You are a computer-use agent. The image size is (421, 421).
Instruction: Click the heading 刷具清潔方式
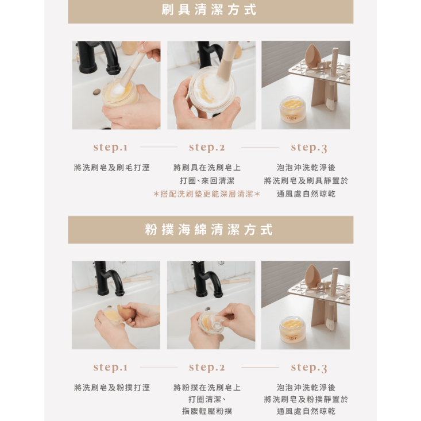pos(210,10)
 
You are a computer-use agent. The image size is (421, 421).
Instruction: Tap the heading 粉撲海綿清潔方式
pos(210,230)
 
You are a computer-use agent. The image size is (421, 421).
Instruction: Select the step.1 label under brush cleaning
pos(110,147)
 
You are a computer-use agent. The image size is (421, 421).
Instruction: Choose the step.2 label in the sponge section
pos(207,367)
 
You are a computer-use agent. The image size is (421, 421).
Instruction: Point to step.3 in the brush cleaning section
pos(308,148)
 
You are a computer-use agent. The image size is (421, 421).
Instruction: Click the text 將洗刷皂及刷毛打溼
pos(112,168)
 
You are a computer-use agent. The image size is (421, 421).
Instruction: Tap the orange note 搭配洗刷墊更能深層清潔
pos(207,194)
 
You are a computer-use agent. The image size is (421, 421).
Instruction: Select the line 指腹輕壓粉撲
pos(207,411)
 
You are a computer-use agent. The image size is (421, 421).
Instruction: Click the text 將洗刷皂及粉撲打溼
pos(112,388)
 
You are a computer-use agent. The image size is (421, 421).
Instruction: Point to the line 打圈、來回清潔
pos(207,181)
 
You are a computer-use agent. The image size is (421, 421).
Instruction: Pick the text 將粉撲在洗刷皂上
pos(207,388)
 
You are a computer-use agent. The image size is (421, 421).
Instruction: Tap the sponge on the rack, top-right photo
pos(314,56)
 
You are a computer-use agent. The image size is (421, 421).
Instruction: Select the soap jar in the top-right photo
pos(292,109)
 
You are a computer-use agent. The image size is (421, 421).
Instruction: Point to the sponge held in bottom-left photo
pos(126,313)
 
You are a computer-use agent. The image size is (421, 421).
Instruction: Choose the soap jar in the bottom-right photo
pos(292,329)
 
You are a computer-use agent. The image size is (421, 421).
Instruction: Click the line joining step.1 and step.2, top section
pos(159,147)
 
